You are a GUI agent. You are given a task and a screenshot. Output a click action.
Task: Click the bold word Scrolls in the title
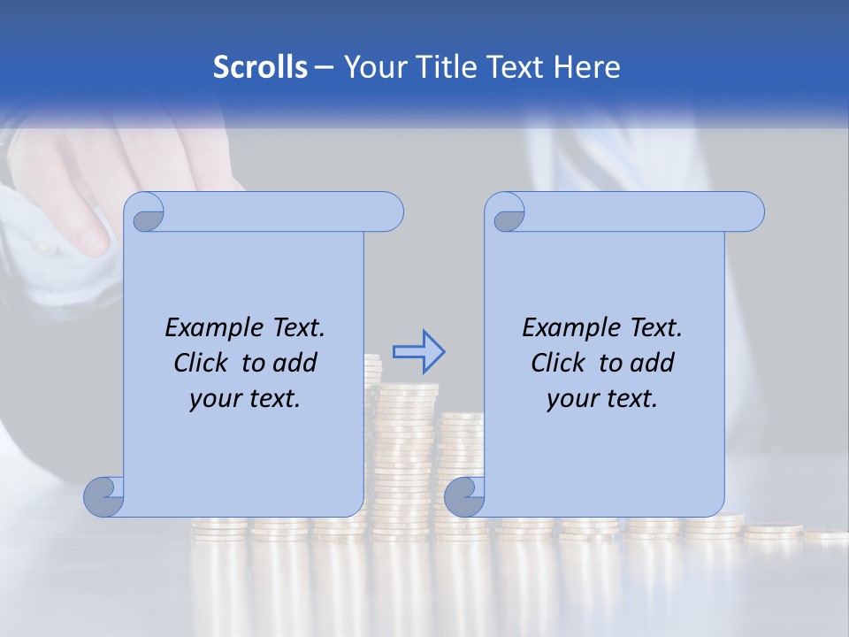[x=260, y=67]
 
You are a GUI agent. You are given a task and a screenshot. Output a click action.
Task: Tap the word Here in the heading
[x=585, y=67]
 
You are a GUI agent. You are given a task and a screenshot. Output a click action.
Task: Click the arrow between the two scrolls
[x=418, y=352]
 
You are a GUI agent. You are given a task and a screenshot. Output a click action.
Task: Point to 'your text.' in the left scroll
[x=245, y=398]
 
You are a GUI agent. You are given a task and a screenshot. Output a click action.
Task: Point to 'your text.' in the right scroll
[x=602, y=398]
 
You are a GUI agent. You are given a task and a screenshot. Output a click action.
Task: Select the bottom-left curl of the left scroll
[x=105, y=497]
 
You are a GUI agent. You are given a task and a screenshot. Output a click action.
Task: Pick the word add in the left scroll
[x=296, y=363]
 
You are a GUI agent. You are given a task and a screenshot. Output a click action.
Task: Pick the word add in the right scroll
[x=654, y=363]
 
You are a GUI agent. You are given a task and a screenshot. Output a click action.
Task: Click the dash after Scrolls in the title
[x=324, y=68]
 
